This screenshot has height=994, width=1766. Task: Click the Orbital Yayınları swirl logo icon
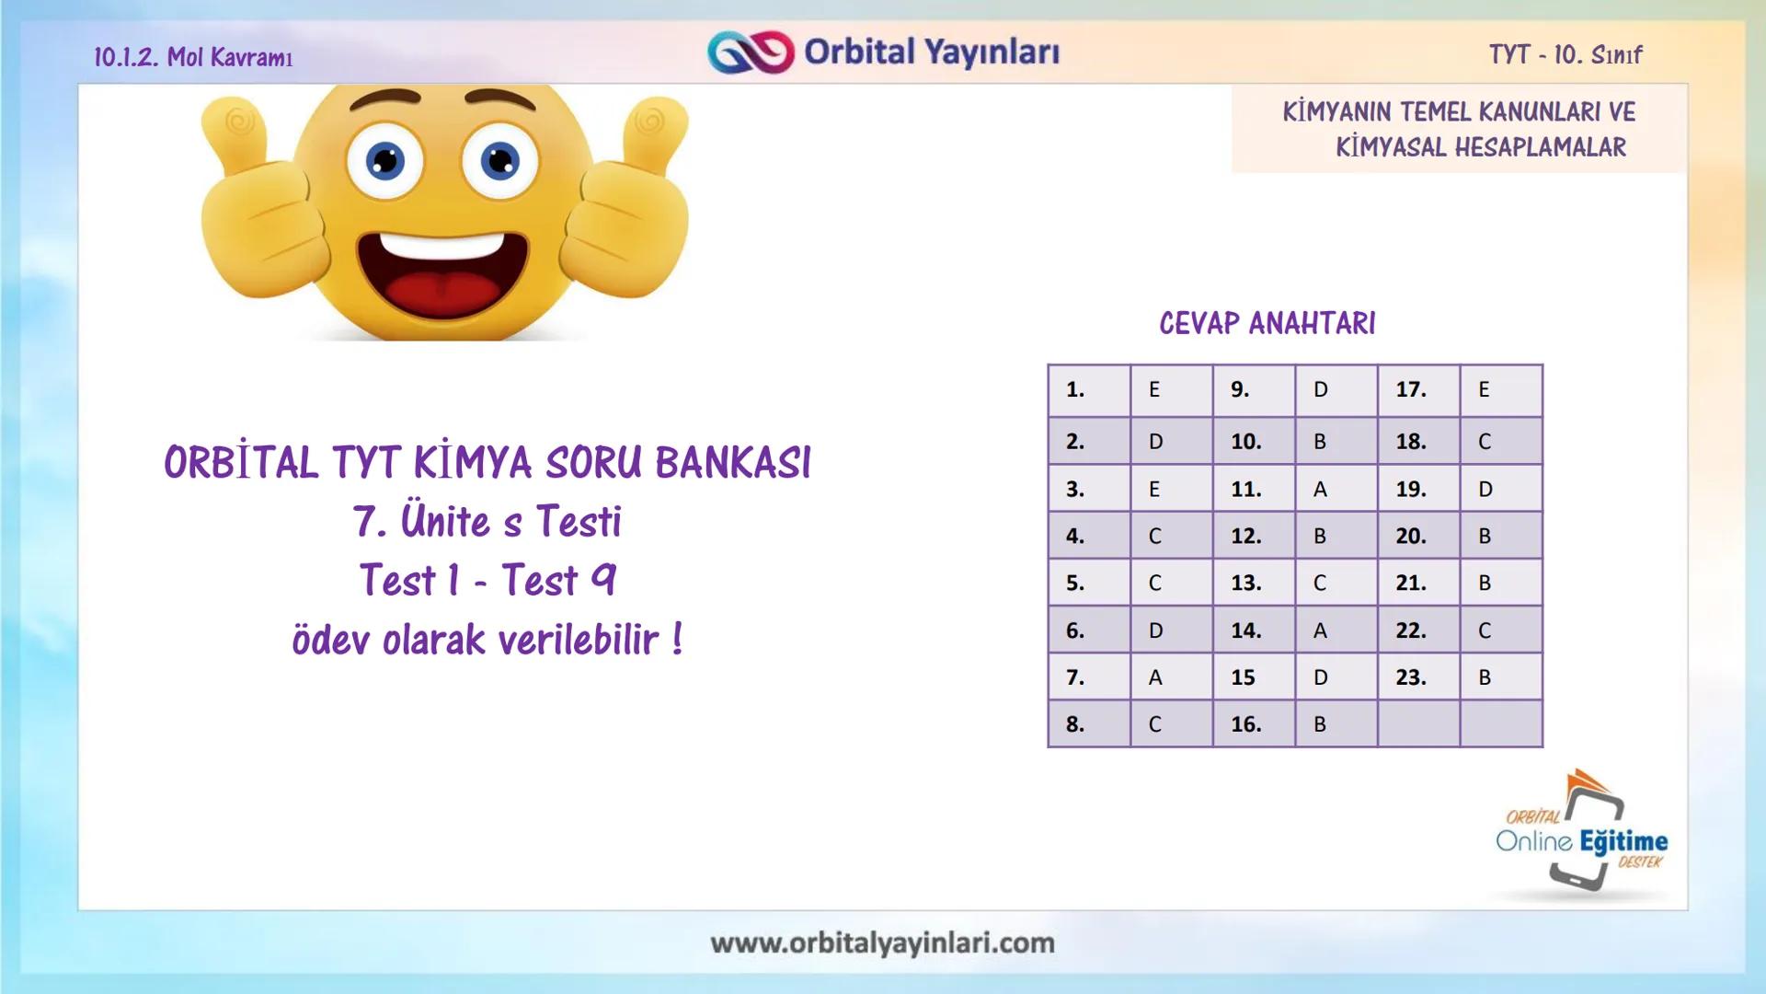point(750,52)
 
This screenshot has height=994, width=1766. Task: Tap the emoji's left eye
point(385,161)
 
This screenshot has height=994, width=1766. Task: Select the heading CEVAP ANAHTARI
point(1267,324)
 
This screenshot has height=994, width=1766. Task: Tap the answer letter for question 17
point(1484,390)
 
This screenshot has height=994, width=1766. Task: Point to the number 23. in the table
point(1411,677)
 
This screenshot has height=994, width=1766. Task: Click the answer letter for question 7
point(1155,677)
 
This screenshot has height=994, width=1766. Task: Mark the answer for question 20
point(1485,536)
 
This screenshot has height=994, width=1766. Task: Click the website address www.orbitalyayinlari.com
point(882,943)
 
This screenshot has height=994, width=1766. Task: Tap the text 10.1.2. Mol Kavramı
point(193,57)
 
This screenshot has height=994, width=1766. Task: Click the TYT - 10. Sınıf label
point(1565,55)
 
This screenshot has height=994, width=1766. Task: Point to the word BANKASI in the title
point(733,463)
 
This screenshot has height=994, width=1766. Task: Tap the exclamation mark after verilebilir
point(677,639)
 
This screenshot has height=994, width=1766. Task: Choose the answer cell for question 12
point(1320,536)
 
